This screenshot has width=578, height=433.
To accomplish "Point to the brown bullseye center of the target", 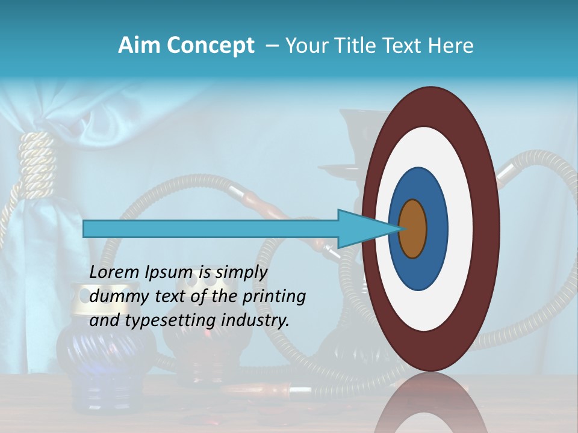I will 413,229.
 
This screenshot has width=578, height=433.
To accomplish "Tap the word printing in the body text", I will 275,297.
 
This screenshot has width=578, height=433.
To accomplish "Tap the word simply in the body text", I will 241,273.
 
